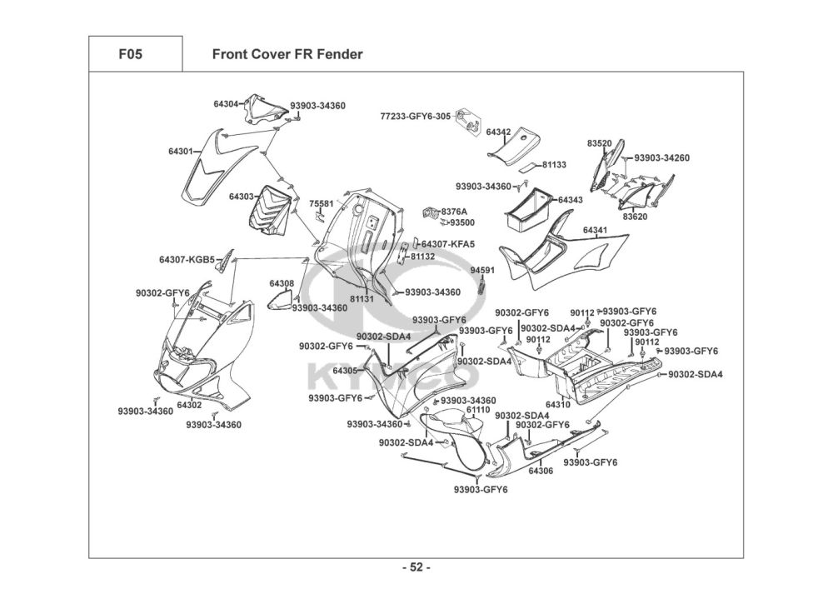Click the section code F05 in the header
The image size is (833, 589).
click(x=130, y=55)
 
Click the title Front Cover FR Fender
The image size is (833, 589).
click(x=287, y=55)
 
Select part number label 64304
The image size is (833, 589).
click(x=226, y=104)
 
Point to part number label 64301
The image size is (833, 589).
click(x=181, y=152)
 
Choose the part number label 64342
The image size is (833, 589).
click(x=498, y=132)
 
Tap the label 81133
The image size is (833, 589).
click(x=554, y=165)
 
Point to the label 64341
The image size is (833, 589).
click(x=595, y=229)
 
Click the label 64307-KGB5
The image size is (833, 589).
click(x=187, y=259)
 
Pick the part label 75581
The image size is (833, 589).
click(x=321, y=203)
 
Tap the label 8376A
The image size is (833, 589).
click(x=454, y=212)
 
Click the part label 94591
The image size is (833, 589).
click(x=482, y=270)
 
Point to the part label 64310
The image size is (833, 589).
click(x=558, y=405)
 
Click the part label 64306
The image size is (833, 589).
click(x=541, y=471)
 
